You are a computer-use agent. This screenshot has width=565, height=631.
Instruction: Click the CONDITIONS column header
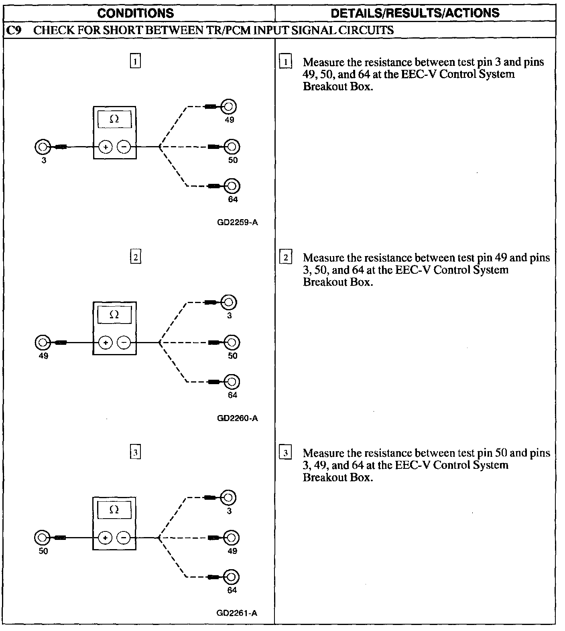(x=136, y=13)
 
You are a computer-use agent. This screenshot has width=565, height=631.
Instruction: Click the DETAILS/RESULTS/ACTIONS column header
(x=415, y=13)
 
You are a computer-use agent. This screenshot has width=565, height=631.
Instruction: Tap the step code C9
(x=14, y=30)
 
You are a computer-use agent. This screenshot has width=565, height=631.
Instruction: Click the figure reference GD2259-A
(x=237, y=222)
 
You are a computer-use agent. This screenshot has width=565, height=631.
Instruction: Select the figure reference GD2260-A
(x=237, y=418)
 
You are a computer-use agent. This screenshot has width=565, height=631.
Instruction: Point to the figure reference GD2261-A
(x=237, y=613)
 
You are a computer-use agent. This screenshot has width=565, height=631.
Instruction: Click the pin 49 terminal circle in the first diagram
(x=229, y=107)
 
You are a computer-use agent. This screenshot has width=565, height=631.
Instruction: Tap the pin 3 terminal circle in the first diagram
(x=42, y=147)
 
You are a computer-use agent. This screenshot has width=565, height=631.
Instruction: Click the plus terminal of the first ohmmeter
(x=106, y=147)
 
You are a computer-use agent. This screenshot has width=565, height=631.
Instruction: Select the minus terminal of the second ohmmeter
(x=124, y=342)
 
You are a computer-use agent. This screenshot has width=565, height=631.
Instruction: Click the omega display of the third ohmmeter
(x=114, y=510)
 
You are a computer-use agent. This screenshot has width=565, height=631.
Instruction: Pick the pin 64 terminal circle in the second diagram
(x=232, y=381)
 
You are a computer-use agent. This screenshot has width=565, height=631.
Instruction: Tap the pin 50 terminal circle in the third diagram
(x=42, y=537)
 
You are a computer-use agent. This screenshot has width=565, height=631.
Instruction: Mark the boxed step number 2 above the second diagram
(x=136, y=256)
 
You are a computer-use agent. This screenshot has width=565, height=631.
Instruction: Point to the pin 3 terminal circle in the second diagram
(x=229, y=302)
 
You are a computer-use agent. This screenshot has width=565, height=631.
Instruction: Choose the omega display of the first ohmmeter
(x=114, y=119)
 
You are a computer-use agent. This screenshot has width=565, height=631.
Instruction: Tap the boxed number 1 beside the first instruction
(x=285, y=62)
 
